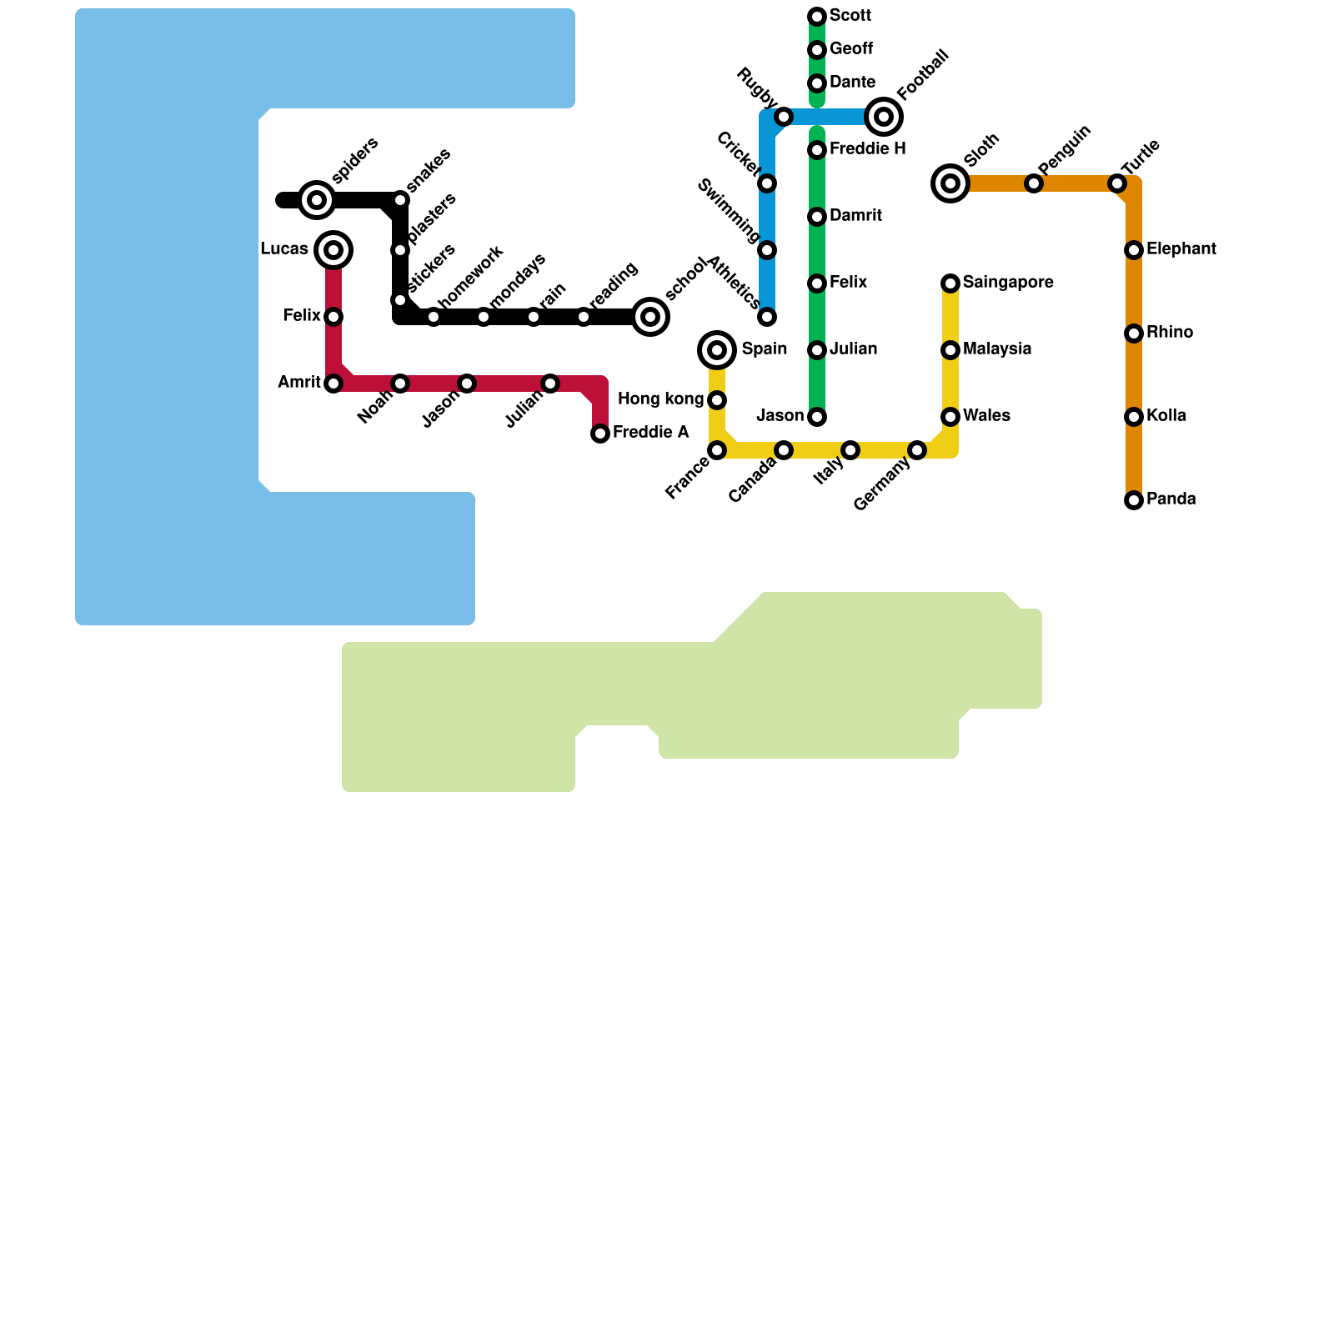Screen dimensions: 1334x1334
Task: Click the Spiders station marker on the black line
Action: pos(317,200)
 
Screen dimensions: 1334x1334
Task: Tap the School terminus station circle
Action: pos(650,317)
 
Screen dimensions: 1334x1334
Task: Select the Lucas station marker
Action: pos(333,250)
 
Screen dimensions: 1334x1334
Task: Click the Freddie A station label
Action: pos(650,433)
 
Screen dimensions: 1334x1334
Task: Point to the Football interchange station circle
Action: pos(884,117)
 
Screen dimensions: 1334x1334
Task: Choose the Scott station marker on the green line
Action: pos(817,17)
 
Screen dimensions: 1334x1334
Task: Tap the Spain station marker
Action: pos(717,350)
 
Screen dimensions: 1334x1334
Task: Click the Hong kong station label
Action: pos(660,399)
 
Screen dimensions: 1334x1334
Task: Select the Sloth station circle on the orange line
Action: pos(950,183)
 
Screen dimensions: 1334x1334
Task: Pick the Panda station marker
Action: pos(1134,500)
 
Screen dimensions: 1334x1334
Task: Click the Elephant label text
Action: pos(1181,249)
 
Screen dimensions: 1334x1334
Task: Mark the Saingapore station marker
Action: pos(950,283)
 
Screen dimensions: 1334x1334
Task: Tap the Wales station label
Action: pos(986,416)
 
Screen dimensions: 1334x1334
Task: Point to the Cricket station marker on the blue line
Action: pos(767,183)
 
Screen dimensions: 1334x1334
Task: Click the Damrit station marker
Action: pos(817,217)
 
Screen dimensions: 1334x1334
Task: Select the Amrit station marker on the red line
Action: pos(333,384)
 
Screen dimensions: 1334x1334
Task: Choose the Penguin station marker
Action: pos(1034,183)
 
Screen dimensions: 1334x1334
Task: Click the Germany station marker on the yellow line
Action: pos(917,450)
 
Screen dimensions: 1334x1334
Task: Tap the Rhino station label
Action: pos(1169,333)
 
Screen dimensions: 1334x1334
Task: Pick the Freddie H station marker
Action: pos(817,150)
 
